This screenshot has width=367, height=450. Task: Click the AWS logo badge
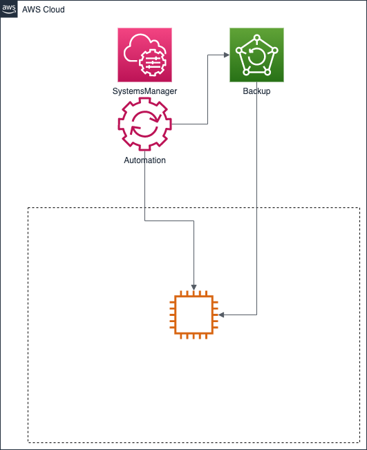coord(9,9)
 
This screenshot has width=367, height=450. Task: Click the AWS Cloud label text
coord(44,10)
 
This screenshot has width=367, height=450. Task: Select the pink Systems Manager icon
coord(144,55)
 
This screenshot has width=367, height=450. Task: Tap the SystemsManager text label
coord(144,91)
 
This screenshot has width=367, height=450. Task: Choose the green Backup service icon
coord(256,55)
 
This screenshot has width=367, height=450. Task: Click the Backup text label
coord(256,91)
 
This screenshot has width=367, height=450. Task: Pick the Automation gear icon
coord(144,124)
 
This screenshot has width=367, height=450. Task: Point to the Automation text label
coord(144,160)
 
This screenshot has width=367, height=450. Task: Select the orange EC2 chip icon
coord(194,315)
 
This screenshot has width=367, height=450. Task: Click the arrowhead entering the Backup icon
coord(227,55)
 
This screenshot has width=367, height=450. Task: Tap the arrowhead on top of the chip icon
coord(194,288)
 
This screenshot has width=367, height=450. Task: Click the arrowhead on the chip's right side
coord(221,315)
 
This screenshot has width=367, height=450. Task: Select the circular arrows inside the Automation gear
coord(144,124)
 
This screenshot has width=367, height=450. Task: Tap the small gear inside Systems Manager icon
coord(152,63)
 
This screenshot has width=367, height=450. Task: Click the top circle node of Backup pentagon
coord(257,37)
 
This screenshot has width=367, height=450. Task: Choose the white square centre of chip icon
coord(194,315)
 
